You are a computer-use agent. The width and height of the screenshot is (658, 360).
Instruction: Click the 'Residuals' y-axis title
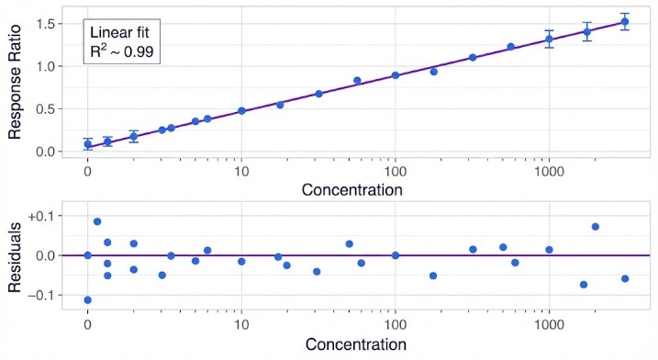[x=16, y=255]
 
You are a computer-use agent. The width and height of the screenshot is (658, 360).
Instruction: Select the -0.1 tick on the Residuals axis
[x=43, y=295]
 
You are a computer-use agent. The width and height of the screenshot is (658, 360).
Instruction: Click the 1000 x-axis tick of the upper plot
[x=549, y=171]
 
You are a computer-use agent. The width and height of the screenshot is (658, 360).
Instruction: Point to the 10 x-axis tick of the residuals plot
[x=241, y=325]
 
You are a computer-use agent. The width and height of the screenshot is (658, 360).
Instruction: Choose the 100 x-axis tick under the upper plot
[x=396, y=171]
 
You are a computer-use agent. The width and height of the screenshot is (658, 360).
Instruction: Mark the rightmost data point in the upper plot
[x=625, y=22]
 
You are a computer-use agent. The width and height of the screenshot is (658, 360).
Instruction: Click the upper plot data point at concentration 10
[x=241, y=111]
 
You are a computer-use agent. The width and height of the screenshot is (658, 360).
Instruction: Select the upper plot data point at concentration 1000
[x=549, y=39]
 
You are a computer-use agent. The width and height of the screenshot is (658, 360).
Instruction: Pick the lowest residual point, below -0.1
[x=87, y=300]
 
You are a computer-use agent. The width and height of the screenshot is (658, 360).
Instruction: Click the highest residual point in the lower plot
[x=97, y=221]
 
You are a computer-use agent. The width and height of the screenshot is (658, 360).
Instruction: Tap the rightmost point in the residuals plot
[x=625, y=278]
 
